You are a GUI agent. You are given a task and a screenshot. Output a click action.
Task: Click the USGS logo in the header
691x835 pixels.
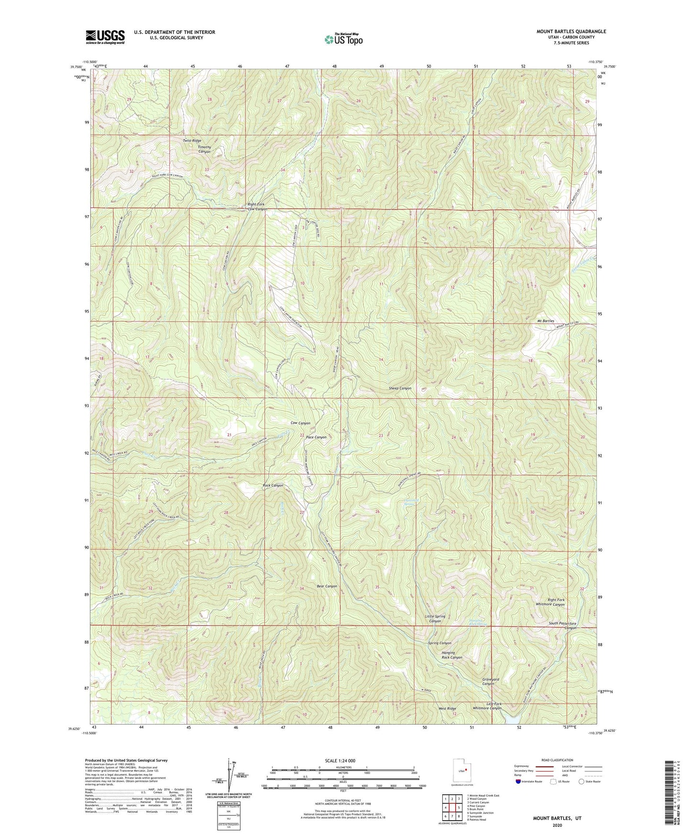tap(105, 36)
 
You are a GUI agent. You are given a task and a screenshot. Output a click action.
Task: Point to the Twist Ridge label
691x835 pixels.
tap(192, 141)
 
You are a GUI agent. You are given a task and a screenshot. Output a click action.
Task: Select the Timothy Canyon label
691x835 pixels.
tap(205, 150)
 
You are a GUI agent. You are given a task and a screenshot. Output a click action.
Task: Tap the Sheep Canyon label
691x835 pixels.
tap(400, 388)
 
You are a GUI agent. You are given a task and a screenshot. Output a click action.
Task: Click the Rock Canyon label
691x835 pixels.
tap(273, 485)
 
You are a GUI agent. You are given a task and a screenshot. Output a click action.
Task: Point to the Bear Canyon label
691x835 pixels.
tap(327, 586)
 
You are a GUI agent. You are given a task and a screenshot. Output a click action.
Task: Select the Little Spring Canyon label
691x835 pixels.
tap(435, 619)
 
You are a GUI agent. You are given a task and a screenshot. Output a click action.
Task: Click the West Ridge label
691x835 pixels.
tap(448, 708)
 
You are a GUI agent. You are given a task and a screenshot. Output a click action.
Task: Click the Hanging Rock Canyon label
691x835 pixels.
tap(451, 655)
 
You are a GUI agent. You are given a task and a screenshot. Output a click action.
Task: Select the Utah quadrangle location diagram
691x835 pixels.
tap(462, 770)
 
